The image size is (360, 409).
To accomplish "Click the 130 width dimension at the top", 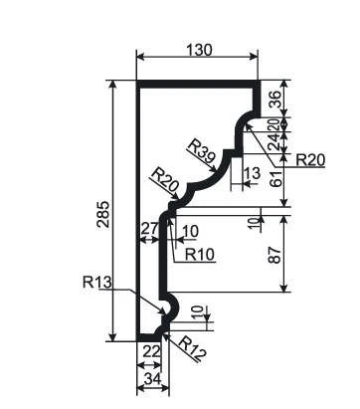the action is [199, 50].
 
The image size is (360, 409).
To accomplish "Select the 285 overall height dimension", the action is [103, 214].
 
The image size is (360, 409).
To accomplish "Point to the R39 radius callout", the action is [202, 151].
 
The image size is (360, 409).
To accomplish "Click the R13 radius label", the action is [96, 283].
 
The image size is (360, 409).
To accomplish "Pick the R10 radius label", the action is [200, 255].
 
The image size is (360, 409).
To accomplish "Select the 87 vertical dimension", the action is [275, 255].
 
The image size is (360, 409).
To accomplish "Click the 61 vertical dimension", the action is [276, 178].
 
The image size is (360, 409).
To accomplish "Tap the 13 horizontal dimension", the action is [252, 173].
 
